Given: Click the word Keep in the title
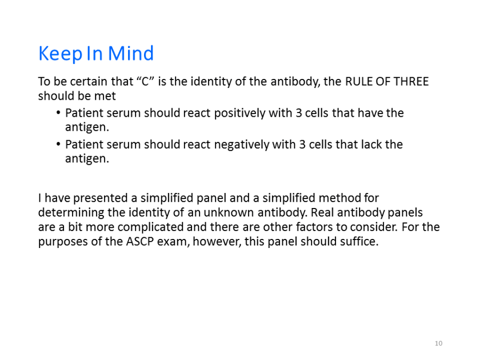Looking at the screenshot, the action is (x=60, y=53).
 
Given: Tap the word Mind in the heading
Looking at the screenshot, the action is (x=131, y=53).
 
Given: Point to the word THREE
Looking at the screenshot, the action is (x=411, y=82).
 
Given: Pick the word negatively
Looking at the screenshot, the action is (x=242, y=145).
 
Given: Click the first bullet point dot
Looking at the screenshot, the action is (x=59, y=113).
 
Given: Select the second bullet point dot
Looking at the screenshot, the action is (x=59, y=144).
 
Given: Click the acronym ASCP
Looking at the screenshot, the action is (x=140, y=242).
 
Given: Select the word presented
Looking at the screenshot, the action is (x=100, y=198).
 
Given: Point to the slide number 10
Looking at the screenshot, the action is (x=438, y=343).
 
